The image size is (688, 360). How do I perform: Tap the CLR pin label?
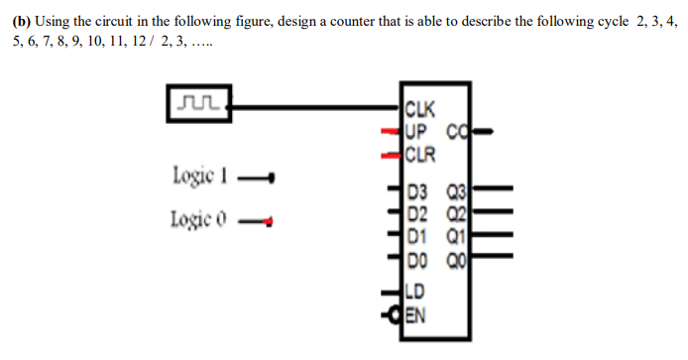pos(420,153)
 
